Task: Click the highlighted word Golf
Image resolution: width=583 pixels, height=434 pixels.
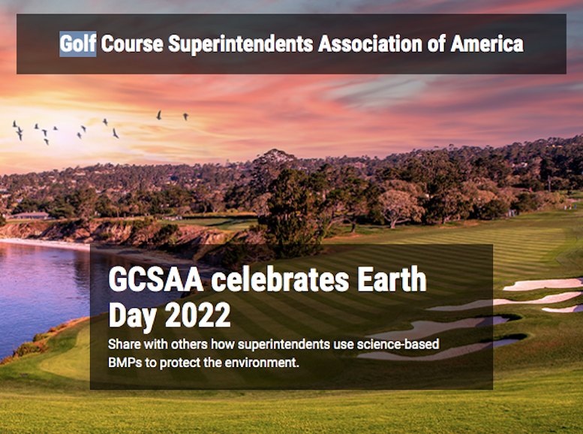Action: coord(78,44)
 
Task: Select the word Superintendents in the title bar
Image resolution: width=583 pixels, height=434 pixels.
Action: coord(241,44)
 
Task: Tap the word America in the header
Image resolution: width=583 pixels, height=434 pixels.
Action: coord(487,44)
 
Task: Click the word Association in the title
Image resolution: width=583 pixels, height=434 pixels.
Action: coord(370,44)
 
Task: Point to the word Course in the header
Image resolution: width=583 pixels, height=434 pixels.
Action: coord(132,44)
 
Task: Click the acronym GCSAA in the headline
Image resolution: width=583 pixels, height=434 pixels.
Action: coord(156,279)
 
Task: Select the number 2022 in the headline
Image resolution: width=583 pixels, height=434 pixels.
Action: coord(198,315)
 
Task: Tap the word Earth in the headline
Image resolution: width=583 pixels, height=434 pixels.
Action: coord(392,279)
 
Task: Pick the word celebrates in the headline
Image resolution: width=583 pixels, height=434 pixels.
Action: coord(281,279)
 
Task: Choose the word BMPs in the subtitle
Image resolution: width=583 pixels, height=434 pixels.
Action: coord(125,362)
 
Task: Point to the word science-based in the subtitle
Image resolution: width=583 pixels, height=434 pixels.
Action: coord(398,344)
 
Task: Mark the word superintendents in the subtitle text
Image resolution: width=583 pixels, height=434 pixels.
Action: coord(284,345)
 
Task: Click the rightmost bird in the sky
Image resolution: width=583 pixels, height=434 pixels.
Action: coord(185,116)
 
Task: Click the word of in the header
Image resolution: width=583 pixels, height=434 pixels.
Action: coord(436,44)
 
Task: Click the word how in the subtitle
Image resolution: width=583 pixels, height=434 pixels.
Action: coord(223,344)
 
